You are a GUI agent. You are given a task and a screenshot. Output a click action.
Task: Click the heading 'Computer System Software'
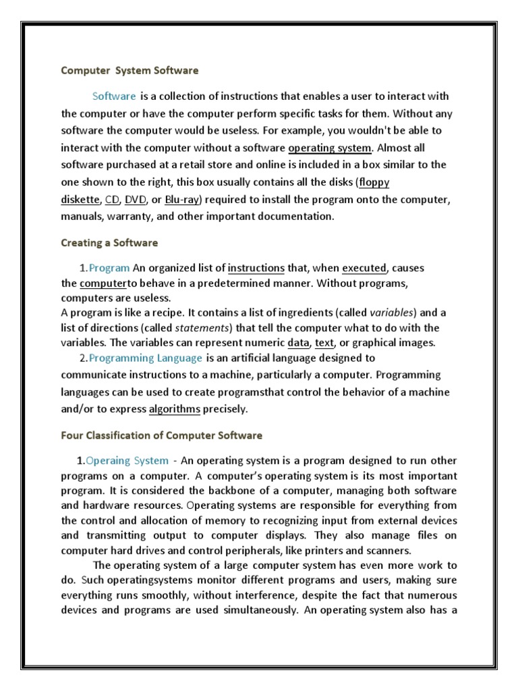[130, 70]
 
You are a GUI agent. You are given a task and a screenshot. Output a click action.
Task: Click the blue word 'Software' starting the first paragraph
[114, 96]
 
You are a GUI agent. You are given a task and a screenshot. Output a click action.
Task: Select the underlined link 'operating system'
[330, 148]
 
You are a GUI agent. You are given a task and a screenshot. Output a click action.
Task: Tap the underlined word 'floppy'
[374, 182]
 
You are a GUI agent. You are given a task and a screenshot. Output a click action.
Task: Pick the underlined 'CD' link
[112, 200]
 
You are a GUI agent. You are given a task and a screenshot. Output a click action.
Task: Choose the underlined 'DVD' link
[136, 200]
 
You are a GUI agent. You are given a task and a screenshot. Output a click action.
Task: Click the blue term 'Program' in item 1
[109, 268]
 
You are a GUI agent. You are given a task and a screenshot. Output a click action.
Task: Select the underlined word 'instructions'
[256, 268]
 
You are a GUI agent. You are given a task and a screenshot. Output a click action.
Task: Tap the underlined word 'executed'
[364, 268]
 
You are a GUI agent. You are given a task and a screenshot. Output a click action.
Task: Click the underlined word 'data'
[297, 343]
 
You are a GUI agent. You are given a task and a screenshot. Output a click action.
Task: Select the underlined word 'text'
[324, 343]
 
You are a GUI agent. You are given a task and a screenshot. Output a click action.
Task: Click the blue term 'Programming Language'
[145, 358]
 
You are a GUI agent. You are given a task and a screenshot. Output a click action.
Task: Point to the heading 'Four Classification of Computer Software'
[162, 435]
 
